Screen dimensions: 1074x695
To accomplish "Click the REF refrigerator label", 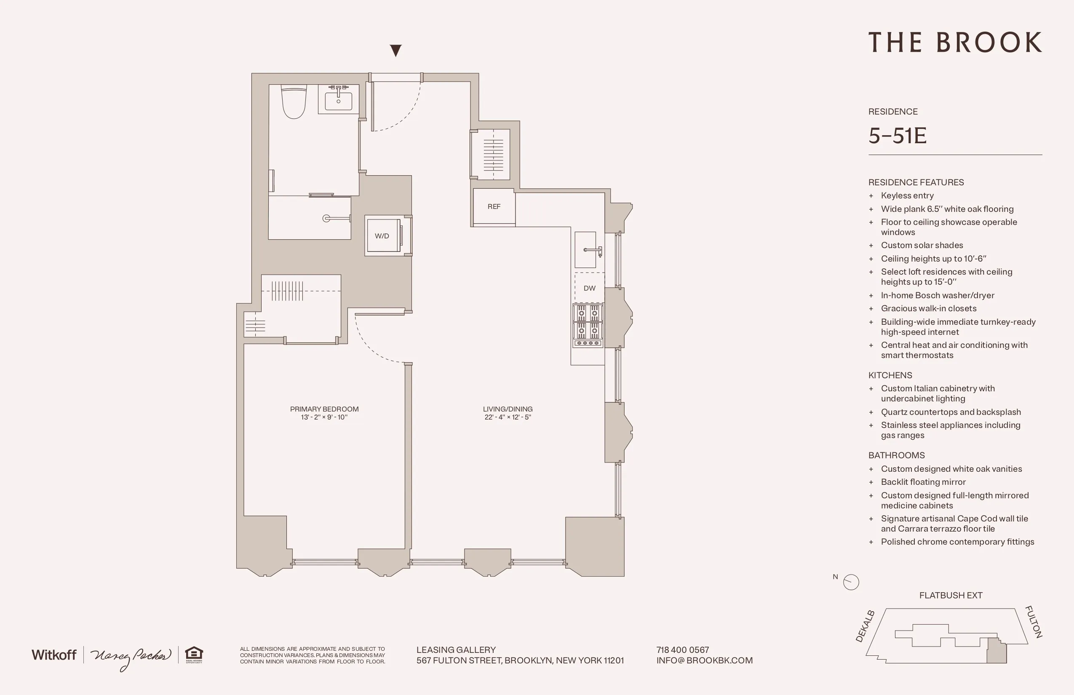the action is pyautogui.click(x=494, y=207).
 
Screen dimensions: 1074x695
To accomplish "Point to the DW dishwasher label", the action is pyautogui.click(x=589, y=289).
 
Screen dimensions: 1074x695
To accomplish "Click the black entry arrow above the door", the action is pyautogui.click(x=396, y=50).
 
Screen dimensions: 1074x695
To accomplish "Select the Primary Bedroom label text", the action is pyautogui.click(x=324, y=409).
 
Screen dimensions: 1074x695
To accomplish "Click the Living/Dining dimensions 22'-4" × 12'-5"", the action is pyautogui.click(x=508, y=417).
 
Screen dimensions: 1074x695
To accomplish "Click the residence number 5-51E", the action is pyautogui.click(x=897, y=136).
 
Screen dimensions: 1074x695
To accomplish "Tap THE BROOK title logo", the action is pyautogui.click(x=955, y=43).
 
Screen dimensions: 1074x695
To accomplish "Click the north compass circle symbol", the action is pyautogui.click(x=851, y=582).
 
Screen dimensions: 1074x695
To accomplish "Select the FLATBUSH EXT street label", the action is pyautogui.click(x=950, y=596).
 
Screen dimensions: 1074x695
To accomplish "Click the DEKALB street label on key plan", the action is pyautogui.click(x=865, y=626).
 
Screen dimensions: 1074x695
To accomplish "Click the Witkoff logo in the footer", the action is pyautogui.click(x=54, y=655).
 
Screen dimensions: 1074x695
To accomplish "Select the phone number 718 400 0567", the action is pyautogui.click(x=682, y=650).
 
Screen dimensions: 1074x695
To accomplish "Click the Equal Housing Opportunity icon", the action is pyautogui.click(x=194, y=655).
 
